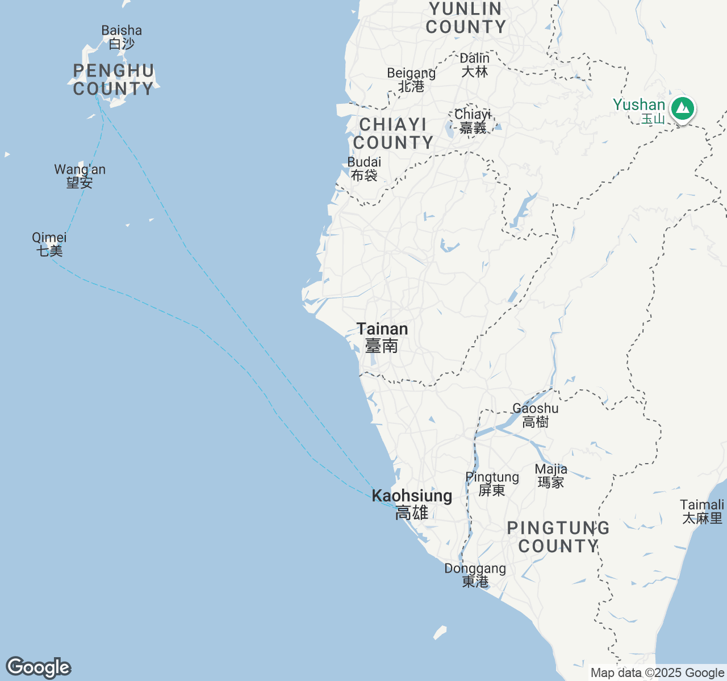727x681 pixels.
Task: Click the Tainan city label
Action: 382,337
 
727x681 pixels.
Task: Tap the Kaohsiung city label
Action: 412,504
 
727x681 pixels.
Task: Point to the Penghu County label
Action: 114,80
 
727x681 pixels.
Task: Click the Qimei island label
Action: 49,244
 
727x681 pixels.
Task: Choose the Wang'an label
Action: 80,176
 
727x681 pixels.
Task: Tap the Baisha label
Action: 122,37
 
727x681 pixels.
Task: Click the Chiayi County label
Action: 392,133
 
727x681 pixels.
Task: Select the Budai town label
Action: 364,169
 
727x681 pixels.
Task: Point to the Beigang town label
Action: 411,79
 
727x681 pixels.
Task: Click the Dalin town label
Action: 474,65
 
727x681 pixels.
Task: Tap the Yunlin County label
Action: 466,18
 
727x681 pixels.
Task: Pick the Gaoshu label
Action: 536,415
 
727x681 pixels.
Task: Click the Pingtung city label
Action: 492,484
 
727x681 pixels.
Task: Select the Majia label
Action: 551,476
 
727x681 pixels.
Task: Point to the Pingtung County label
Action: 558,537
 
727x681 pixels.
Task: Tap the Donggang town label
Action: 475,575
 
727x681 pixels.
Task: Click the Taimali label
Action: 703,511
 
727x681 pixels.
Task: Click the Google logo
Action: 38,667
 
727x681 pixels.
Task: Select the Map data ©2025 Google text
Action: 657,673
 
